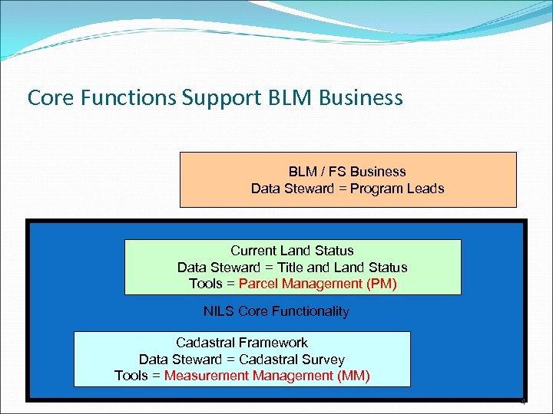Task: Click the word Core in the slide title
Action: click(47, 98)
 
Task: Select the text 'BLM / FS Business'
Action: click(347, 172)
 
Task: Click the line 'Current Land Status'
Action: click(292, 251)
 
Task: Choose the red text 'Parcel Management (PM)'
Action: click(317, 284)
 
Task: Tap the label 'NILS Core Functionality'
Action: click(276, 311)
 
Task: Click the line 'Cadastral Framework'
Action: click(241, 343)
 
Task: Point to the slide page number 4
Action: click(523, 401)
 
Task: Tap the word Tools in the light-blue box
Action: click(131, 376)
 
